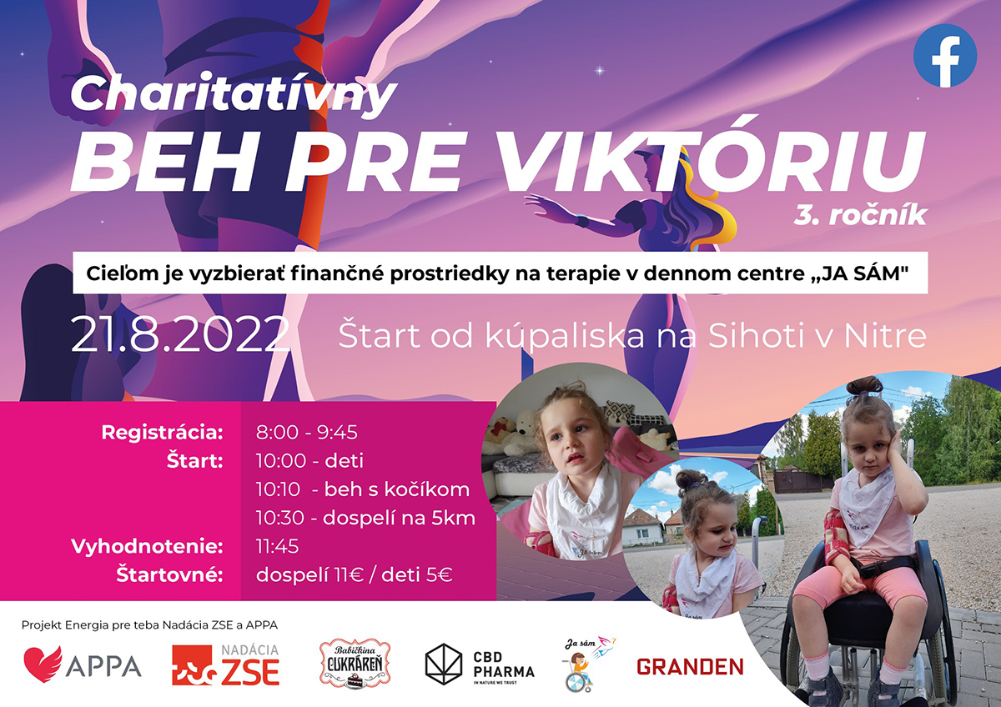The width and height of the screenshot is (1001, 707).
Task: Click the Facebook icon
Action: [x=944, y=56]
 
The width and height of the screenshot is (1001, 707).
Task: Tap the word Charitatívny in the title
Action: [x=234, y=93]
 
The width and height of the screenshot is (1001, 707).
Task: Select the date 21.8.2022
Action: [x=179, y=334]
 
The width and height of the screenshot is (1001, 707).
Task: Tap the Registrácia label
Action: [x=162, y=433]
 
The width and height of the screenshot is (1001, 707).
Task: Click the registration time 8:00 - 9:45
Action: [x=307, y=433]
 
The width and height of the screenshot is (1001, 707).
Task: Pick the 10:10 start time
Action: [x=278, y=489]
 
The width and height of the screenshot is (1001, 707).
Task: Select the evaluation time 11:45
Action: [x=277, y=547]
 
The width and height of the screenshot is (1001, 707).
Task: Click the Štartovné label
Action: [x=170, y=574]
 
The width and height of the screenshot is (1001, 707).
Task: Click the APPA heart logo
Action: [x=43, y=664]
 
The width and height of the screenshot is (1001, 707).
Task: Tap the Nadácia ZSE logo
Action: [x=226, y=665]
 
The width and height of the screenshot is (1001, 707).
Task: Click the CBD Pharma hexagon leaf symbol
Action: [x=443, y=664]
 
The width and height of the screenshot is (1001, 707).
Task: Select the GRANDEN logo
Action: [x=690, y=667]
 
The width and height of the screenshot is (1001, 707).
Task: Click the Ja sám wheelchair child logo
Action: [x=587, y=664]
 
